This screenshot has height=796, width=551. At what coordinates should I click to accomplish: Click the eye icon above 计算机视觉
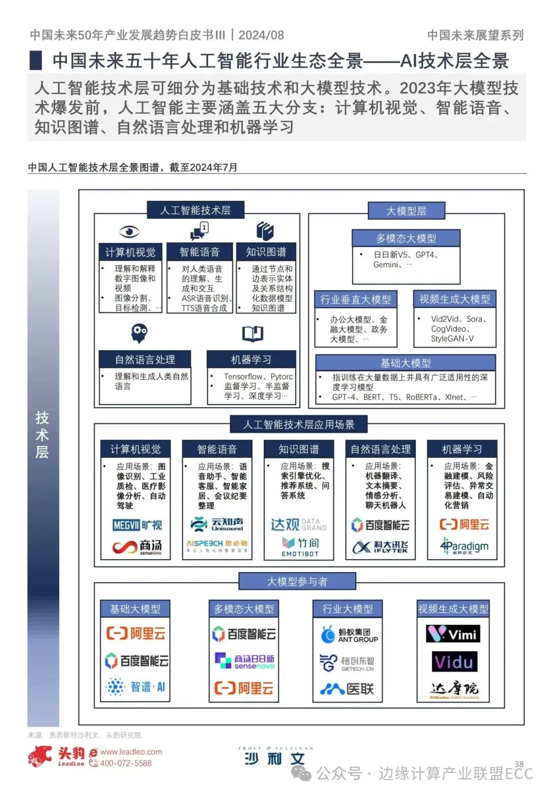[x=129, y=232]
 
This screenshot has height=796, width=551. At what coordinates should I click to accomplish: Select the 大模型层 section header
[x=406, y=211]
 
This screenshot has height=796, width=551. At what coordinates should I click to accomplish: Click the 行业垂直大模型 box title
[x=356, y=300]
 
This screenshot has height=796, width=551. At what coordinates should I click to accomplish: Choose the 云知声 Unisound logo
[x=217, y=524]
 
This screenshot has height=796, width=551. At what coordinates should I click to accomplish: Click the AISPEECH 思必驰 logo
[x=217, y=544]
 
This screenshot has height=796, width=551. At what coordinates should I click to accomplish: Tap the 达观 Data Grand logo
[x=298, y=525]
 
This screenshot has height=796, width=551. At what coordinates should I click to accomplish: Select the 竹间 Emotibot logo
[x=300, y=545]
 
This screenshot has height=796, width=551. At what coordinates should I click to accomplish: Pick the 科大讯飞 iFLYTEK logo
[x=381, y=547]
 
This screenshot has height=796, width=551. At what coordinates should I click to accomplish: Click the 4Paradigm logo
[x=464, y=546]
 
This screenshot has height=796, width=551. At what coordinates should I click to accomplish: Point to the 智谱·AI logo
[x=136, y=687]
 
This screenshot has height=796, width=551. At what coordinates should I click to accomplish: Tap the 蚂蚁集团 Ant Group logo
[x=349, y=635]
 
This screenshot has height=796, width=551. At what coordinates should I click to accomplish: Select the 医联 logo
[x=347, y=689]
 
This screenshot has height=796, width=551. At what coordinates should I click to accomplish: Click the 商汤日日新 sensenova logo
[x=244, y=661]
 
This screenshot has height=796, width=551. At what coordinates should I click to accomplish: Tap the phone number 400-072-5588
[x=126, y=763]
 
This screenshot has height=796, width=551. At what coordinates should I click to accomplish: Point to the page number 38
[x=519, y=764]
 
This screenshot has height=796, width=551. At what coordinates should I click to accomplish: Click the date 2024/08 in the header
[x=261, y=35]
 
